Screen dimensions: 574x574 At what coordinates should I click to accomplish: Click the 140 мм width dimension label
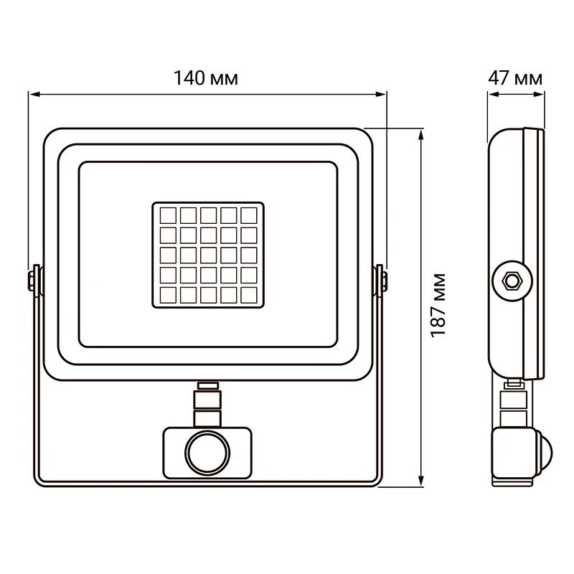[x=206, y=78]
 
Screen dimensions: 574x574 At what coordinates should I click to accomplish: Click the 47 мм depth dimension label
[x=515, y=78]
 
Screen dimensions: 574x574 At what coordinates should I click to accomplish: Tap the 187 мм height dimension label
[x=438, y=306]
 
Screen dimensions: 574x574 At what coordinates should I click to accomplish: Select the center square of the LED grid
[x=208, y=255]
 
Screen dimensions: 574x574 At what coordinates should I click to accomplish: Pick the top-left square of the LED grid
[x=168, y=215]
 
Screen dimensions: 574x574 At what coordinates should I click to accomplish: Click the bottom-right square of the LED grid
[x=249, y=295]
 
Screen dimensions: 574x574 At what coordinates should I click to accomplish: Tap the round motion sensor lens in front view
[x=207, y=453]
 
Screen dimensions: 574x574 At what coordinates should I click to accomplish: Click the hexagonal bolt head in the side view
[x=512, y=281]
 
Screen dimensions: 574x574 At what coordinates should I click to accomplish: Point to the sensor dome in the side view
[x=545, y=453]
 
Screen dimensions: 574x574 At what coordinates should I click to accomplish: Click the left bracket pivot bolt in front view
[x=32, y=281]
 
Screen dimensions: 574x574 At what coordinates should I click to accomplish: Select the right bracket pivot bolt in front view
[x=384, y=281]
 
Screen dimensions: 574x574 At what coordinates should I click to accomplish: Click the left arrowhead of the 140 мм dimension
[x=35, y=95]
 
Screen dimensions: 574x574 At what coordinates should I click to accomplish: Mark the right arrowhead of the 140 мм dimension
[x=381, y=95]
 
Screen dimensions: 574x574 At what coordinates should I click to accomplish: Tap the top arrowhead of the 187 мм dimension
[x=421, y=135]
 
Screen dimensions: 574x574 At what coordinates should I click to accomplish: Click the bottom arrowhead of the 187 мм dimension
[x=421, y=481]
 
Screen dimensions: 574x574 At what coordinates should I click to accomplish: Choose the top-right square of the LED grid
[x=249, y=215]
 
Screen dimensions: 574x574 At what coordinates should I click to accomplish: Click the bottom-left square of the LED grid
[x=168, y=295]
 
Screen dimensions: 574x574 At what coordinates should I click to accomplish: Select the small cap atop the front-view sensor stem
[x=208, y=385]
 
